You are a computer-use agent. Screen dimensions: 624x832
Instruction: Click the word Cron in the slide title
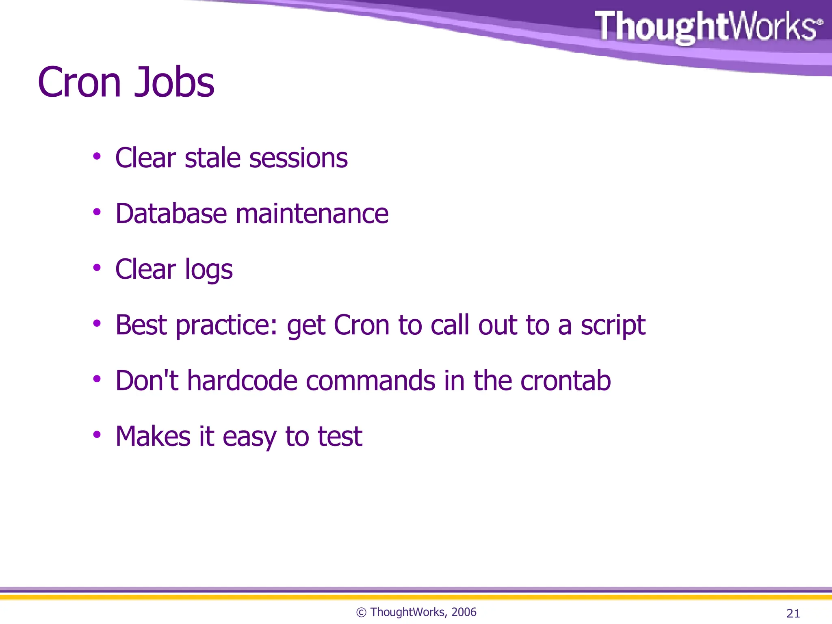click(79, 82)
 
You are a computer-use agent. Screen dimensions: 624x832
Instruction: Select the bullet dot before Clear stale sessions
click(97, 156)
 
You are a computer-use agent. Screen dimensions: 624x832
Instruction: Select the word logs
click(208, 271)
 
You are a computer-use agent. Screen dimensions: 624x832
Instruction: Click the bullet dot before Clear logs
click(97, 268)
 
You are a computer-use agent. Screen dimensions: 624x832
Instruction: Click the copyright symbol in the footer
click(361, 613)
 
